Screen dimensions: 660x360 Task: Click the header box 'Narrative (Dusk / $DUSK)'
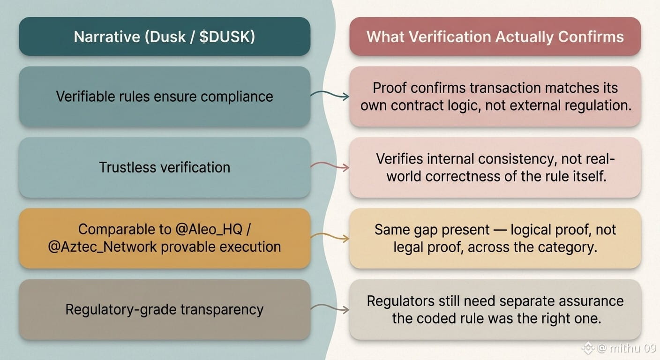pos(165,37)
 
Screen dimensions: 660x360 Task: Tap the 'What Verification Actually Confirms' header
pos(495,37)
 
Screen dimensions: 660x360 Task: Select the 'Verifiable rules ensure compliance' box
pos(165,97)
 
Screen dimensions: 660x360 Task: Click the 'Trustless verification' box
pos(165,167)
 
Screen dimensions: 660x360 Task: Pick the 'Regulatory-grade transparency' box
pos(165,309)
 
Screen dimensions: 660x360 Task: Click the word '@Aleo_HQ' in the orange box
pos(209,229)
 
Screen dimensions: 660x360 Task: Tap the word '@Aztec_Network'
pos(102,247)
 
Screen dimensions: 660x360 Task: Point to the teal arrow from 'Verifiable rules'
pos(330,94)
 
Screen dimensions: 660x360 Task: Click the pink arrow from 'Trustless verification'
pos(330,165)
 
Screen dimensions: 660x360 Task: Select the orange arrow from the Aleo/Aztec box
pos(330,236)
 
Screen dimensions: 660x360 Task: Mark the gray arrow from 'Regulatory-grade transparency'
pos(330,307)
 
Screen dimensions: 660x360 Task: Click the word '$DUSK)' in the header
pos(227,37)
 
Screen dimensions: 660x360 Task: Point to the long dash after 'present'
pos(500,230)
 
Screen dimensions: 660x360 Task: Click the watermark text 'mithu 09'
pos(633,348)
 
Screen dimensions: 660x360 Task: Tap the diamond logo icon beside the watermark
pos(588,348)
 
